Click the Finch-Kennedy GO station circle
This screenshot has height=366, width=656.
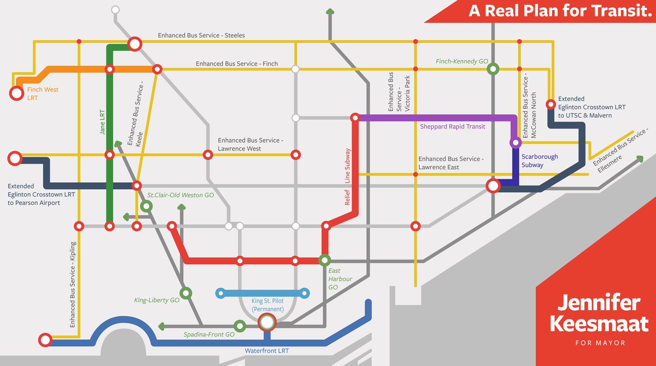click(493, 68)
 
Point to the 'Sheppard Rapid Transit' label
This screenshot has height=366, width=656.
click(453, 127)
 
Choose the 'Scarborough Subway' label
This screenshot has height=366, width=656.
click(540, 160)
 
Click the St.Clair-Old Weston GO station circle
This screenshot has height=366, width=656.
click(146, 206)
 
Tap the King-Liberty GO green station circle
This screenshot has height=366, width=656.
click(185, 293)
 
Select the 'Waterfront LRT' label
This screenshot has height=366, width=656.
click(267, 351)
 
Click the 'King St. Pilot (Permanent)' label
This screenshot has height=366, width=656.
click(267, 305)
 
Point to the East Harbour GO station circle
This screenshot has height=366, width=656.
click(325, 260)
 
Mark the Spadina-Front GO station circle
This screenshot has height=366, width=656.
click(239, 326)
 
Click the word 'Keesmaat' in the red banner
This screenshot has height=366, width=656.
click(595, 322)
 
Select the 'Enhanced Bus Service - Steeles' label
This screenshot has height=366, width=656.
click(201, 36)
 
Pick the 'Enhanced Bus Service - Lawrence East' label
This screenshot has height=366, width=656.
click(450, 163)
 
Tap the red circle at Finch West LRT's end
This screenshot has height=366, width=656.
click(16, 94)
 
